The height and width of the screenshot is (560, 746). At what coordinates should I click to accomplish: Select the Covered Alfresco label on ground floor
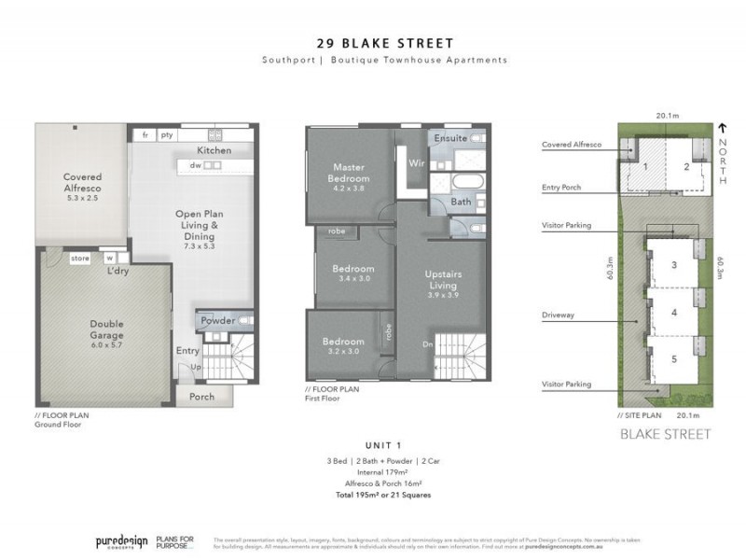coord(82,182)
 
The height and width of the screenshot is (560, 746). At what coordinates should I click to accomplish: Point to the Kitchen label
coord(214,150)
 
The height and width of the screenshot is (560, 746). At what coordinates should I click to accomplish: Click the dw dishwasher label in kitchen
coord(196,165)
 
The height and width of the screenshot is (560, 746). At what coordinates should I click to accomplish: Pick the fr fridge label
coord(145,135)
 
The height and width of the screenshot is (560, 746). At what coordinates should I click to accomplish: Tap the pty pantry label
coord(167,135)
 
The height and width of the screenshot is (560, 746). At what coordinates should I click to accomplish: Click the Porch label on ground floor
coord(201,397)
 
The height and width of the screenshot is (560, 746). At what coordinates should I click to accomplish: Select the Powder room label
coord(218,321)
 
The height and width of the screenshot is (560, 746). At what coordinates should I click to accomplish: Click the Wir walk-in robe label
coord(416,162)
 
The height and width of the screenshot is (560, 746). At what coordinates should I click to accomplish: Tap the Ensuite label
coord(449,138)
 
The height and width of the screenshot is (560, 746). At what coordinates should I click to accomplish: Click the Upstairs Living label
coord(443,278)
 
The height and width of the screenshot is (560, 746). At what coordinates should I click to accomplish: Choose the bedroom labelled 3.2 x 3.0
coord(341,346)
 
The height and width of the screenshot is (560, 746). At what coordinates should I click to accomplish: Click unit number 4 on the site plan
coord(673,314)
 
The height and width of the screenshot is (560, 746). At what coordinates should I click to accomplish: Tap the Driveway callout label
coord(561,315)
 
